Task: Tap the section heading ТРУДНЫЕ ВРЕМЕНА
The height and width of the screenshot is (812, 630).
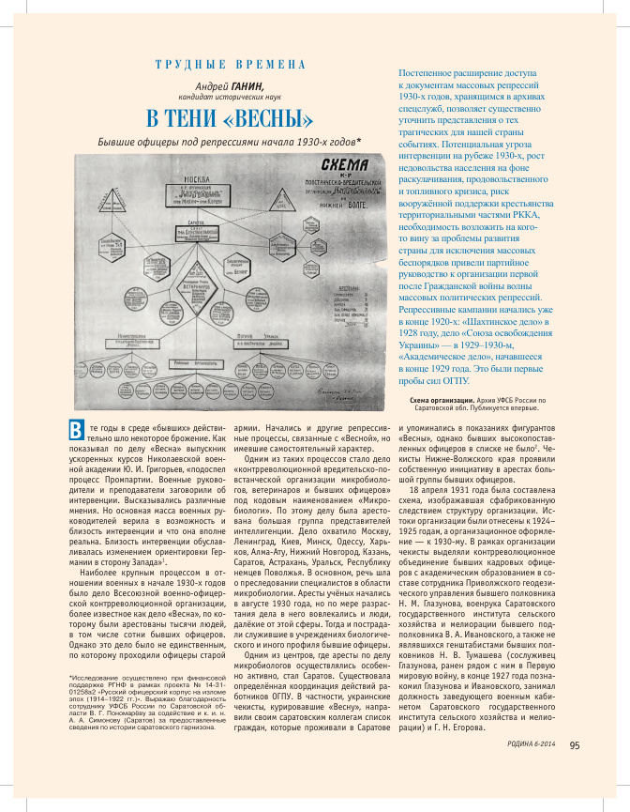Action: [x=230, y=65]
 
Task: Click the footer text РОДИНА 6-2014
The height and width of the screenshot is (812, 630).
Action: [x=528, y=773]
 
